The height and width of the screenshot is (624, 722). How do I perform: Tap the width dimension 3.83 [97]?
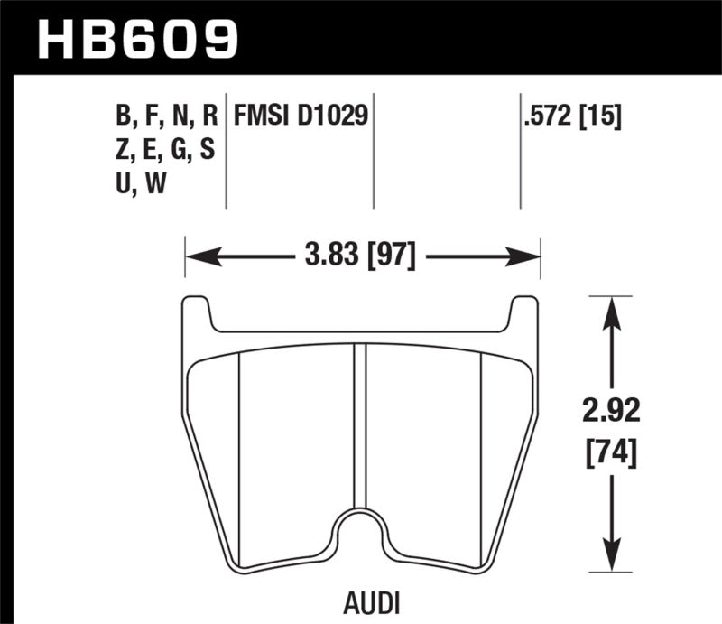pos(360,257)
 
